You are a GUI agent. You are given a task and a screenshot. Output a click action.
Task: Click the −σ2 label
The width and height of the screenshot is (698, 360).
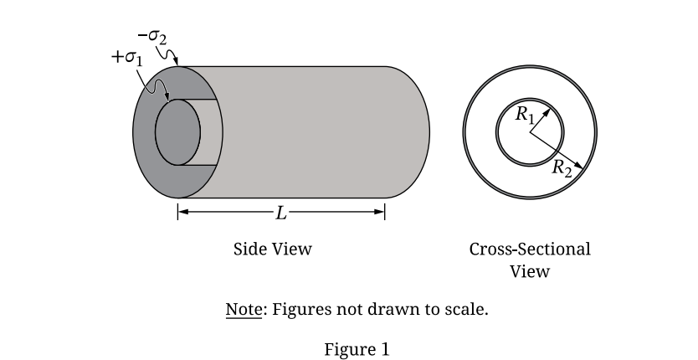[154, 38]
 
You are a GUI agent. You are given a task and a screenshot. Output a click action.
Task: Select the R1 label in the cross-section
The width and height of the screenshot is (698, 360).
[524, 115]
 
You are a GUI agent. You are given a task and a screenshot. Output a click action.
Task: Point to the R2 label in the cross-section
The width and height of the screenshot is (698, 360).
[562, 167]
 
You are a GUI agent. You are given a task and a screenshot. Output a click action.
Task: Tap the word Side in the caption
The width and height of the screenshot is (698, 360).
[250, 249]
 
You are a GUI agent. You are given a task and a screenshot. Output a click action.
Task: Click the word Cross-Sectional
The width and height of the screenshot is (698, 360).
[530, 249]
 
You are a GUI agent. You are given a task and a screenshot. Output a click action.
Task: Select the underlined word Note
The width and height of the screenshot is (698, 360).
[244, 310]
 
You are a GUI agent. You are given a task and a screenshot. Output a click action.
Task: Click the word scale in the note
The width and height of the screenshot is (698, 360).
[467, 310]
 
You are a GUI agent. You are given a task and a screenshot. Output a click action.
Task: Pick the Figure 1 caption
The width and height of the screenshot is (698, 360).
[357, 349]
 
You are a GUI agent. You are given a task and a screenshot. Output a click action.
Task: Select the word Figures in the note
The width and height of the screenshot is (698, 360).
[300, 310]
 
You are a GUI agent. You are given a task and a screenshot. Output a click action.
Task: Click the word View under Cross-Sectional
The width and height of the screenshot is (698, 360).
[530, 271]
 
